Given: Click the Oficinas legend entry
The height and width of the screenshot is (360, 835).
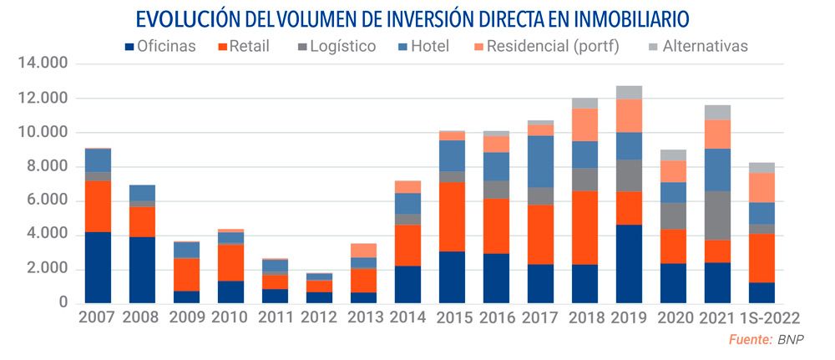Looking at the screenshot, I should tap(159, 46).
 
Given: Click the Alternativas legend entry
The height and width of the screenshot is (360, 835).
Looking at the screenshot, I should tap(697, 46).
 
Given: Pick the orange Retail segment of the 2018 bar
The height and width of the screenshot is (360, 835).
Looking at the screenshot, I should tap(584, 228).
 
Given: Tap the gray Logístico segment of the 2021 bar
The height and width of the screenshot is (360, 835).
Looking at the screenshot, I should tap(717, 215).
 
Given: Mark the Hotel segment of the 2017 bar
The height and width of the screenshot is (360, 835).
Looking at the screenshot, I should tap(540, 161).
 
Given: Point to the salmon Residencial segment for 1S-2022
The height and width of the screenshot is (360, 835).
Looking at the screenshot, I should tap(761, 187).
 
